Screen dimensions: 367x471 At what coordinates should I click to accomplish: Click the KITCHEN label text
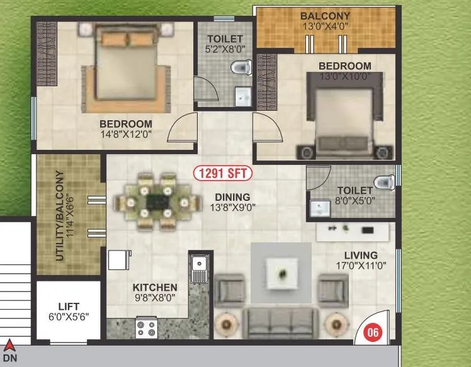[x=154, y=288]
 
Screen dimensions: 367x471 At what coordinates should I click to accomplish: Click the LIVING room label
[x=361, y=255]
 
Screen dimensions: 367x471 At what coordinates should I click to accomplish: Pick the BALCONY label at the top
[x=326, y=15]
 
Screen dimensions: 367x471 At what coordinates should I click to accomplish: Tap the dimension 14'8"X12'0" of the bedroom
[x=125, y=134]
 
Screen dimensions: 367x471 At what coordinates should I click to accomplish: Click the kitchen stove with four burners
[x=146, y=328]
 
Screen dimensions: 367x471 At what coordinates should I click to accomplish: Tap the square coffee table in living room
[x=281, y=273]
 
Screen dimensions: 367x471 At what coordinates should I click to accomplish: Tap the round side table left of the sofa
[x=227, y=325]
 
